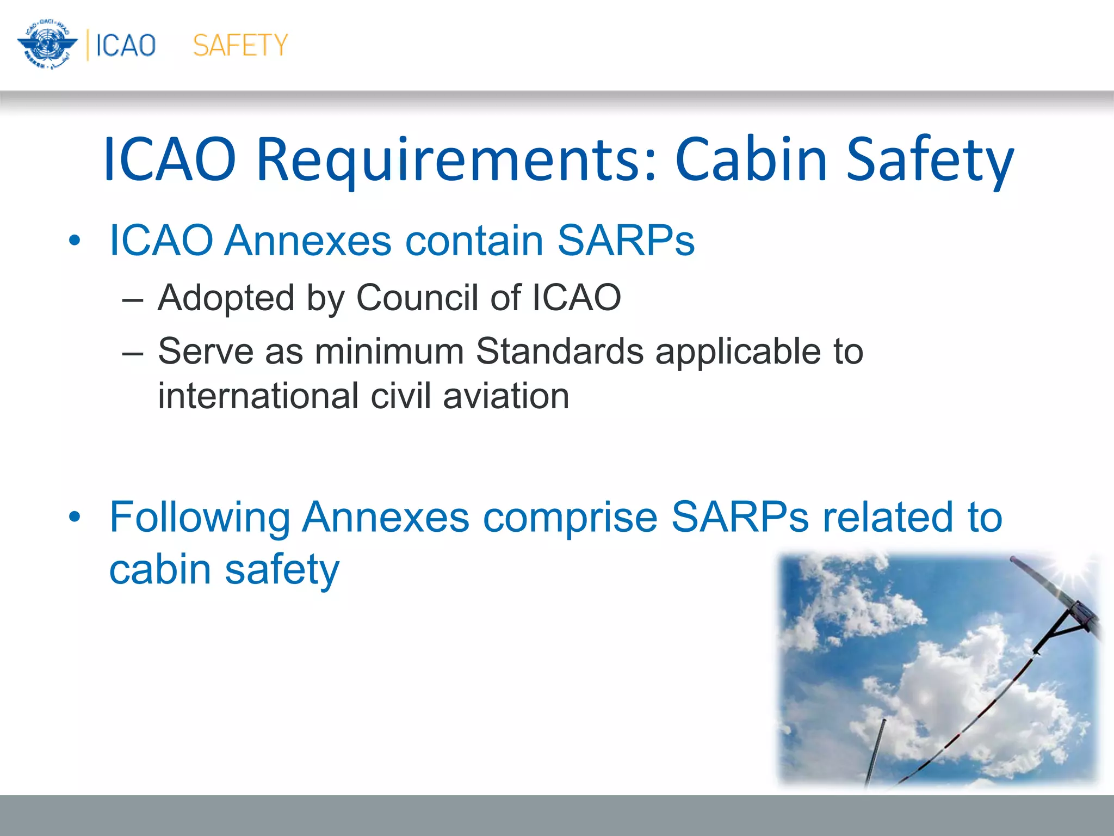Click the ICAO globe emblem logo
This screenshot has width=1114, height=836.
click(x=47, y=45)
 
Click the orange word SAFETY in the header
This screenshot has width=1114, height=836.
click(x=240, y=45)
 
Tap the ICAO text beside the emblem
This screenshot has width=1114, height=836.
click(x=126, y=45)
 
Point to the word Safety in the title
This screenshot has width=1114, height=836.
click(x=930, y=160)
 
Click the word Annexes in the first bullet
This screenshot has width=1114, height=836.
click(x=307, y=240)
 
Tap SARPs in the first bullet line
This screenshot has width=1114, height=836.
click(x=626, y=240)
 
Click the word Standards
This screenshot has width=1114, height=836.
click(x=559, y=351)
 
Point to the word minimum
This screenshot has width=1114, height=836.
click(x=389, y=351)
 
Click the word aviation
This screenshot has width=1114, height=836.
click(x=506, y=396)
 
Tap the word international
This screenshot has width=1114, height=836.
click(x=258, y=396)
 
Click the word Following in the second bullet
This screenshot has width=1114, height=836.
click(x=200, y=518)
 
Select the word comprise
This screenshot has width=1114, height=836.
click(x=570, y=518)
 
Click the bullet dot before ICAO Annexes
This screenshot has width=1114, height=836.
click(x=75, y=240)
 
